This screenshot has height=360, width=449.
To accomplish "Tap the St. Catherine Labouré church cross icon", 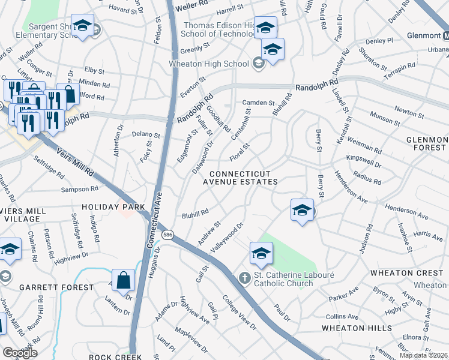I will click(x=244, y=278).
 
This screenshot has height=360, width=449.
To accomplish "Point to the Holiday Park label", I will click(x=114, y=207).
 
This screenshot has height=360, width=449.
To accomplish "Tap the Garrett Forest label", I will click(x=56, y=287).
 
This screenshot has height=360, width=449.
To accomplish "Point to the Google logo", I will click(x=19, y=352).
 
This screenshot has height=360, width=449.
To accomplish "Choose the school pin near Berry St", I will click(x=302, y=210).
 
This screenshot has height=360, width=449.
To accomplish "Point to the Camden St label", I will click(x=259, y=103).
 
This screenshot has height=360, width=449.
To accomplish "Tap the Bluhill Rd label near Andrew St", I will click(x=195, y=213).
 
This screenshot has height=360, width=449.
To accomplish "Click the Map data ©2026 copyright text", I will click(x=423, y=355).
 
